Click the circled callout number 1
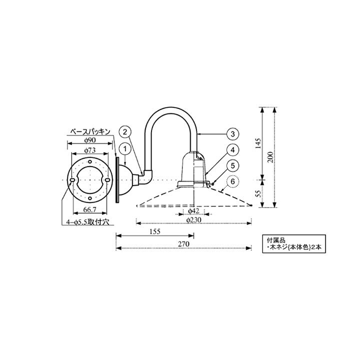tap(125, 149)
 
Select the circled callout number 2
tap(125, 132)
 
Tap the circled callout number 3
tap(233, 134)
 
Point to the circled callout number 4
tap(233, 150)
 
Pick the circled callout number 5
tap(233, 165)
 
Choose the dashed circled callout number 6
tap(233, 181)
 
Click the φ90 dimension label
tap(90, 140)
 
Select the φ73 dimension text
tap(90, 150)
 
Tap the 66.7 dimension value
tap(90, 209)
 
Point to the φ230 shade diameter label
tap(194, 220)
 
